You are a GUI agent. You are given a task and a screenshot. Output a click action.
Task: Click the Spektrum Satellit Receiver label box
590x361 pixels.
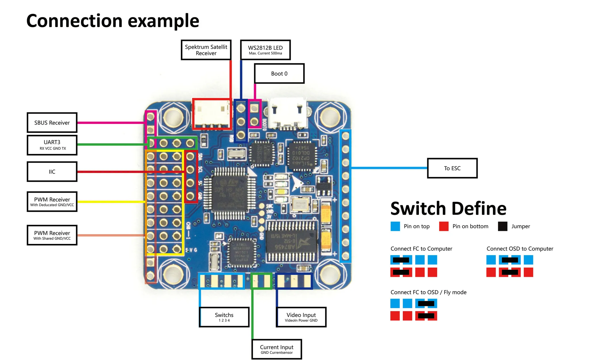(x=206, y=50)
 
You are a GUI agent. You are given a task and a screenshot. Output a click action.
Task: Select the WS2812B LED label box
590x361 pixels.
(x=265, y=50)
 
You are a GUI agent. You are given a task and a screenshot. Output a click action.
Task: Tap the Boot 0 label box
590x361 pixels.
(x=279, y=74)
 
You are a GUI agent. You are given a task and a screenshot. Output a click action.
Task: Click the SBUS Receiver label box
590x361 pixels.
(x=52, y=123)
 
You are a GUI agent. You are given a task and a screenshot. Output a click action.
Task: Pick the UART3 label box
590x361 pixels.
(x=52, y=145)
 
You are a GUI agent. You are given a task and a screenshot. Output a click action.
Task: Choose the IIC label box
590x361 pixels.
(x=52, y=172)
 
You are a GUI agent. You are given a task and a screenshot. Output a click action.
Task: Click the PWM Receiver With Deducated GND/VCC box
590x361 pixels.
(x=52, y=202)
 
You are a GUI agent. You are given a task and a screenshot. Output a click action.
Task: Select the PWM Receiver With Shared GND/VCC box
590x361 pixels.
(x=52, y=235)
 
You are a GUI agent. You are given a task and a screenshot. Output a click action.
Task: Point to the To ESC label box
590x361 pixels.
(x=452, y=168)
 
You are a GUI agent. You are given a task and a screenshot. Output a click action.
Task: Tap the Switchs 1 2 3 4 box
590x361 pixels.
(x=224, y=317)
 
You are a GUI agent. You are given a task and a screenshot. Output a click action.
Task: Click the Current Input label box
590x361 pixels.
(x=277, y=349)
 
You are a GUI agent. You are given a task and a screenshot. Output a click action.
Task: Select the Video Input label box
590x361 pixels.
(x=301, y=317)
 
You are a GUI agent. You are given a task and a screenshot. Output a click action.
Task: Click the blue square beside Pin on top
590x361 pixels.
(x=395, y=226)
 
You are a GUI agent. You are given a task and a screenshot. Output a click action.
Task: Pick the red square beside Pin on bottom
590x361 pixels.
(x=444, y=226)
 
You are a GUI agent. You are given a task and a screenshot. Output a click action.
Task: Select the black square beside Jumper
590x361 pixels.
(x=503, y=226)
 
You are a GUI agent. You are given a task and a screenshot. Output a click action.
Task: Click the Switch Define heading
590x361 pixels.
(x=448, y=208)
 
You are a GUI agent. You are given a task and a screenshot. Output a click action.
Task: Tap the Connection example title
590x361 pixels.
(x=113, y=21)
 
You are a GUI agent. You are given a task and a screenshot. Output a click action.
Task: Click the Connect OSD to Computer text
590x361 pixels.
(x=520, y=249)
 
